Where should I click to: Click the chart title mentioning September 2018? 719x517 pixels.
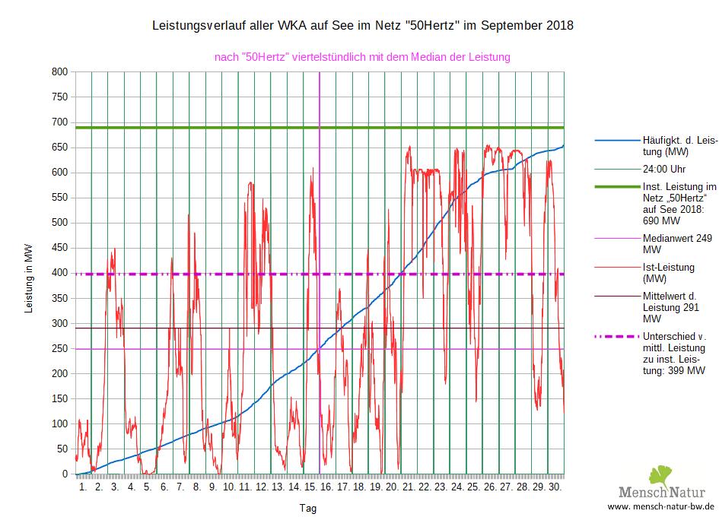pos(363,26)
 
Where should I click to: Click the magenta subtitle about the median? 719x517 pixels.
pos(362,57)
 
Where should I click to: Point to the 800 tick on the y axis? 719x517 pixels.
pos(59,72)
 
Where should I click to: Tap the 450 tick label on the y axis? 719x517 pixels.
pos(59,248)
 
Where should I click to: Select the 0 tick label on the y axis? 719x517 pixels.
pos(65,474)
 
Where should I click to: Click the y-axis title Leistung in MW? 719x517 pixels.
pos(29,278)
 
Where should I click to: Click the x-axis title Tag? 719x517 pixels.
pos(308,508)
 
